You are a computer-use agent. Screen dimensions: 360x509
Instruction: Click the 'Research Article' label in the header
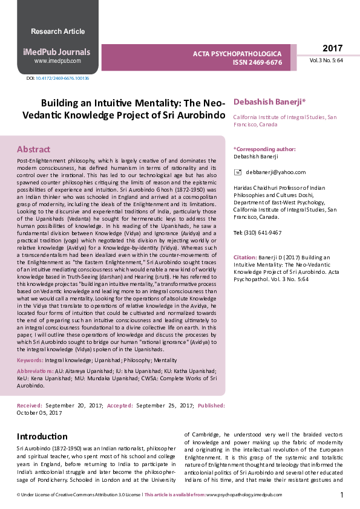[x=57, y=31]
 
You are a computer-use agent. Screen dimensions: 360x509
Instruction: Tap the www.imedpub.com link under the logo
[x=57, y=61]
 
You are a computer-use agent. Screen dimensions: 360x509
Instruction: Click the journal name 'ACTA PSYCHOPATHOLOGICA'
[x=237, y=54]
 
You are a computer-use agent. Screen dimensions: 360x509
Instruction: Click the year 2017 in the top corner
[x=332, y=48]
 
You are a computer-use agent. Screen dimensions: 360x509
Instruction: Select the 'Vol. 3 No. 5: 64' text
[x=326, y=60]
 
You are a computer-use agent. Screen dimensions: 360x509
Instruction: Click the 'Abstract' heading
[x=33, y=149]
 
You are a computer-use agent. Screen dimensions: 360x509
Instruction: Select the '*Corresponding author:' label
[x=264, y=149]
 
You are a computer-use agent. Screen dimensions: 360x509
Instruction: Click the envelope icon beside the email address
[x=237, y=172]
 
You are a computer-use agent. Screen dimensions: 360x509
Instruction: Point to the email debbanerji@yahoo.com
[x=267, y=172]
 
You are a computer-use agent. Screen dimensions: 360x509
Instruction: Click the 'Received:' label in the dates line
[x=30, y=406]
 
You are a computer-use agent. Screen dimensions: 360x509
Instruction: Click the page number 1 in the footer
[x=342, y=495]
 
